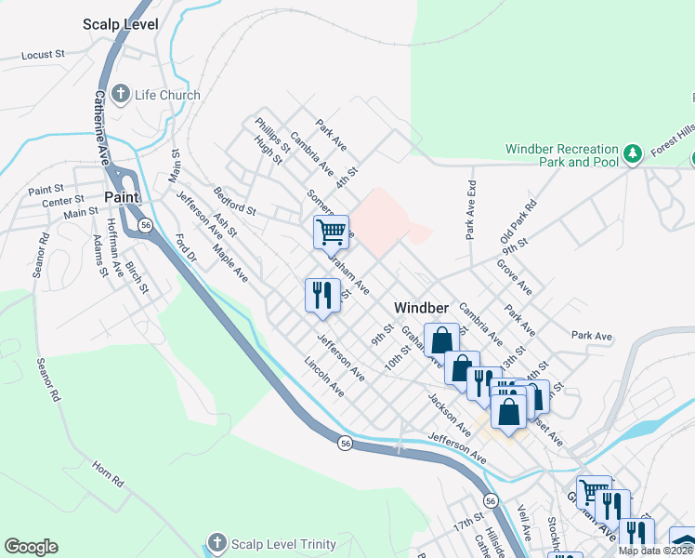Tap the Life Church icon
121,94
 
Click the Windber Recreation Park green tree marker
633,152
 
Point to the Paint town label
122,197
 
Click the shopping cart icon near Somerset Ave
330,230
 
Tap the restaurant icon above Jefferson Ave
319,295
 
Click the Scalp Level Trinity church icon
216,542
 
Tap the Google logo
31,547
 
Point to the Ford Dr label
186,252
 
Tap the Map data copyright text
655,551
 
